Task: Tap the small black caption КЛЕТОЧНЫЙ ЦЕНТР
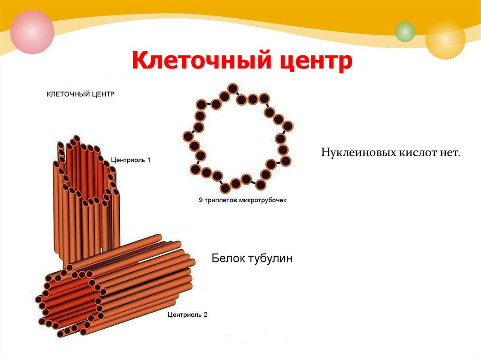coord(80,94)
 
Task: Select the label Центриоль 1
coord(131,160)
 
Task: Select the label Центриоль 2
coord(187,314)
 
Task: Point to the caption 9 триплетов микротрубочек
coord(242,200)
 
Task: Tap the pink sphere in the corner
coord(32,31)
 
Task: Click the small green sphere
coord(405,31)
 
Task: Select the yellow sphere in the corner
coord(445,39)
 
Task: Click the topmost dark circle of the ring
coord(233,89)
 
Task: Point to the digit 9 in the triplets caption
coord(201,200)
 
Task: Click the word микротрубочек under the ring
coord(264,200)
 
